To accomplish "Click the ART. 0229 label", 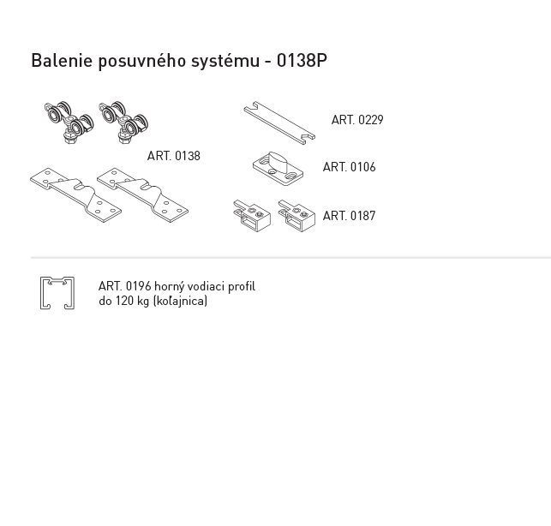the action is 357,120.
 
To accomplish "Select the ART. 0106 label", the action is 349,167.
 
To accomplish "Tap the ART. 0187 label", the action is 349,216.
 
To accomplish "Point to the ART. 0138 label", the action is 174,156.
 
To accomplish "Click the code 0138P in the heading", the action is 302,61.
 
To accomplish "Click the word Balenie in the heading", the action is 62,61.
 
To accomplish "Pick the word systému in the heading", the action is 225,62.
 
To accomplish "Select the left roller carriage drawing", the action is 69,123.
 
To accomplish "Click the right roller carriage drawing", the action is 123,123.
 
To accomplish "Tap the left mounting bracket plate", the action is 75,194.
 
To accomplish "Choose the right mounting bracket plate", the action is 142,194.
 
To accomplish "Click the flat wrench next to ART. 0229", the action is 279,123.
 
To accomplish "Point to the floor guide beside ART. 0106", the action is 278,169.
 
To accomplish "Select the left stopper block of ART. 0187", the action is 252,216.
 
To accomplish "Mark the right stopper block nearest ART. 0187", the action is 296,216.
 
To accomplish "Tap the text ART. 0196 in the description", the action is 125,286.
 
